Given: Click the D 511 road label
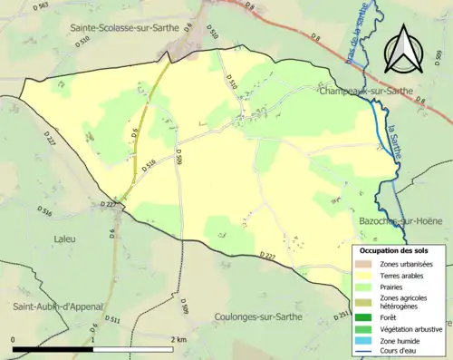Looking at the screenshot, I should tap(112, 318).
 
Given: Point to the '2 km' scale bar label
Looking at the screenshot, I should tap(178, 339).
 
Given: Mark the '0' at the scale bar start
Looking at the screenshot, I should tap(14, 339).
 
